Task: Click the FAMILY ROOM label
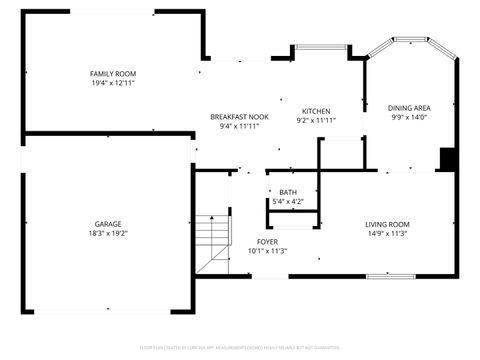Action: pyautogui.click(x=113, y=74)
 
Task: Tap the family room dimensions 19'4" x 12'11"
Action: pyautogui.click(x=113, y=84)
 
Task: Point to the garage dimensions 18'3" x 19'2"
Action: pyautogui.click(x=108, y=233)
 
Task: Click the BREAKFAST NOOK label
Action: pyautogui.click(x=239, y=116)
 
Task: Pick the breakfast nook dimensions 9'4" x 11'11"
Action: pyautogui.click(x=239, y=126)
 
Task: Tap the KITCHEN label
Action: pyautogui.click(x=316, y=110)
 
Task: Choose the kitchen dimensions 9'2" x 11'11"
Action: pyautogui.click(x=316, y=120)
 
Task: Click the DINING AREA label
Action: pyautogui.click(x=409, y=107)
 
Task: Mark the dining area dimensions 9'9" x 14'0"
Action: pyautogui.click(x=409, y=117)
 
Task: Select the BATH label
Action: pyautogui.click(x=288, y=192)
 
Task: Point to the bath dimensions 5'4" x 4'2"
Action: pyautogui.click(x=288, y=202)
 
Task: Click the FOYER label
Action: pyautogui.click(x=267, y=241)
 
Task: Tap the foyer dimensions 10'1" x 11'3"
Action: pyautogui.click(x=267, y=251)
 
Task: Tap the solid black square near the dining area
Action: pyautogui.click(x=449, y=159)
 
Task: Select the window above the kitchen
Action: pyautogui.click(x=319, y=47)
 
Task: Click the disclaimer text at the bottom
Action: pyautogui.click(x=240, y=347)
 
